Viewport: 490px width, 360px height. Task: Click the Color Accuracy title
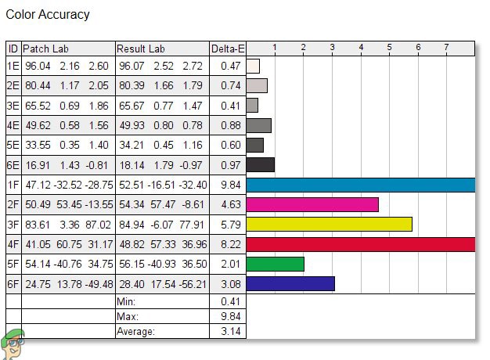coord(48,15)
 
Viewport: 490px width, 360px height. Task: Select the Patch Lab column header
coord(45,49)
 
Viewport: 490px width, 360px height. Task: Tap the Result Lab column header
coord(142,49)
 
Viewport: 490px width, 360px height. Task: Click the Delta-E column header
coord(228,49)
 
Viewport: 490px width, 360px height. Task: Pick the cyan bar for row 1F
coord(360,185)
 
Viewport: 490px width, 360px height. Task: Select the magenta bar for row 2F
coord(312,204)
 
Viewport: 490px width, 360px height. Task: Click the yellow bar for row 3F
coord(329,224)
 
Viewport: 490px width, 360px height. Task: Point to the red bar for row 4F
coord(360,243)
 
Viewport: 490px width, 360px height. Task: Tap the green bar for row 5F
coord(275,264)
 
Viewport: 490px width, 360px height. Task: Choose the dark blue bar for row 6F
coord(290,283)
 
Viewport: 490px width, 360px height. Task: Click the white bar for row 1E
coord(253,67)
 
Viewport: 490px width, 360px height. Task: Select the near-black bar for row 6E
coord(260,164)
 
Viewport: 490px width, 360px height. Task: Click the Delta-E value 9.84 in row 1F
coord(228,185)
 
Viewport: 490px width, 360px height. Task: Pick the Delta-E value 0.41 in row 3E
coord(228,106)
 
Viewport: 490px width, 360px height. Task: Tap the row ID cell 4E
coord(13,125)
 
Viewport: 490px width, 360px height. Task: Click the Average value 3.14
coord(228,332)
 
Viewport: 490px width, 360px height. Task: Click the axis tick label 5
coord(390,49)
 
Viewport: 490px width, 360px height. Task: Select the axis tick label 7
coord(447,49)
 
